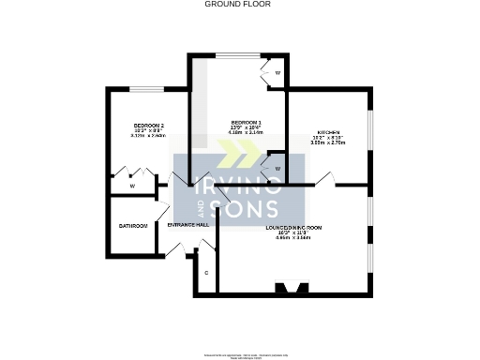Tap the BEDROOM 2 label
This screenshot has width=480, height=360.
(149, 126)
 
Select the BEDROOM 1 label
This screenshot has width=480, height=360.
(246, 123)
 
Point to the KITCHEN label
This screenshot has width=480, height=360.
(328, 132)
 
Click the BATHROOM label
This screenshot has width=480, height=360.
(133, 226)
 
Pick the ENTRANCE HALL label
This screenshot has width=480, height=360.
(187, 226)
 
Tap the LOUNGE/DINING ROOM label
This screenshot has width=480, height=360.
(293, 229)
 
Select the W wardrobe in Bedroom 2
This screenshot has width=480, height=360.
(133, 186)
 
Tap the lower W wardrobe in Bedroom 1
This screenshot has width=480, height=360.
(277, 169)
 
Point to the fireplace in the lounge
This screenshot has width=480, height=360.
(288, 288)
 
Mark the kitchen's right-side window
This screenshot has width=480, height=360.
(370, 135)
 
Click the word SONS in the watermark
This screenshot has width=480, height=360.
(247, 209)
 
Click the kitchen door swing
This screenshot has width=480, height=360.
(325, 178)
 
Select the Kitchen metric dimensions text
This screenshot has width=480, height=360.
(328, 144)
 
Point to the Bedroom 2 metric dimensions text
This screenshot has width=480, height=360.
(149, 135)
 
